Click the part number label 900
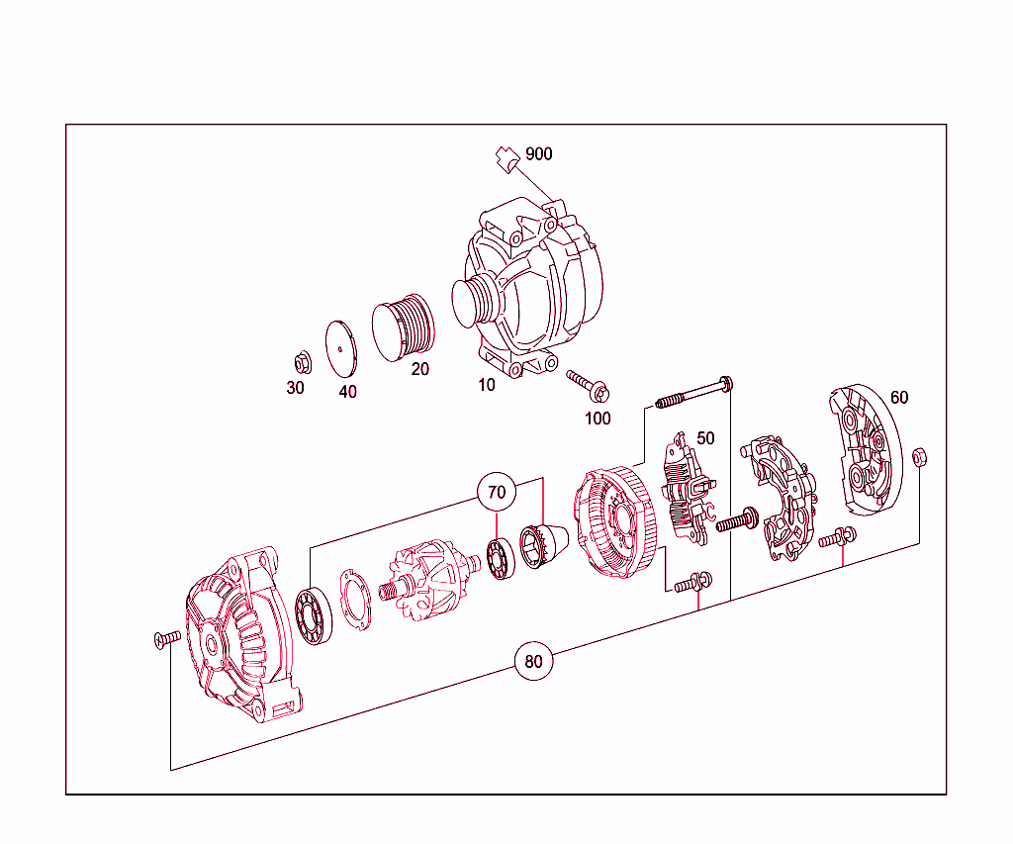[539, 154]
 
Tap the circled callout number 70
[497, 491]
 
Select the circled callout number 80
[533, 662]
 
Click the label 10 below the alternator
[487, 385]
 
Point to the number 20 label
[420, 369]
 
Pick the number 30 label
[296, 388]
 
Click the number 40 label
[347, 391]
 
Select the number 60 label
[898, 398]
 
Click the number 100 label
[598, 418]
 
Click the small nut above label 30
[303, 361]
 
